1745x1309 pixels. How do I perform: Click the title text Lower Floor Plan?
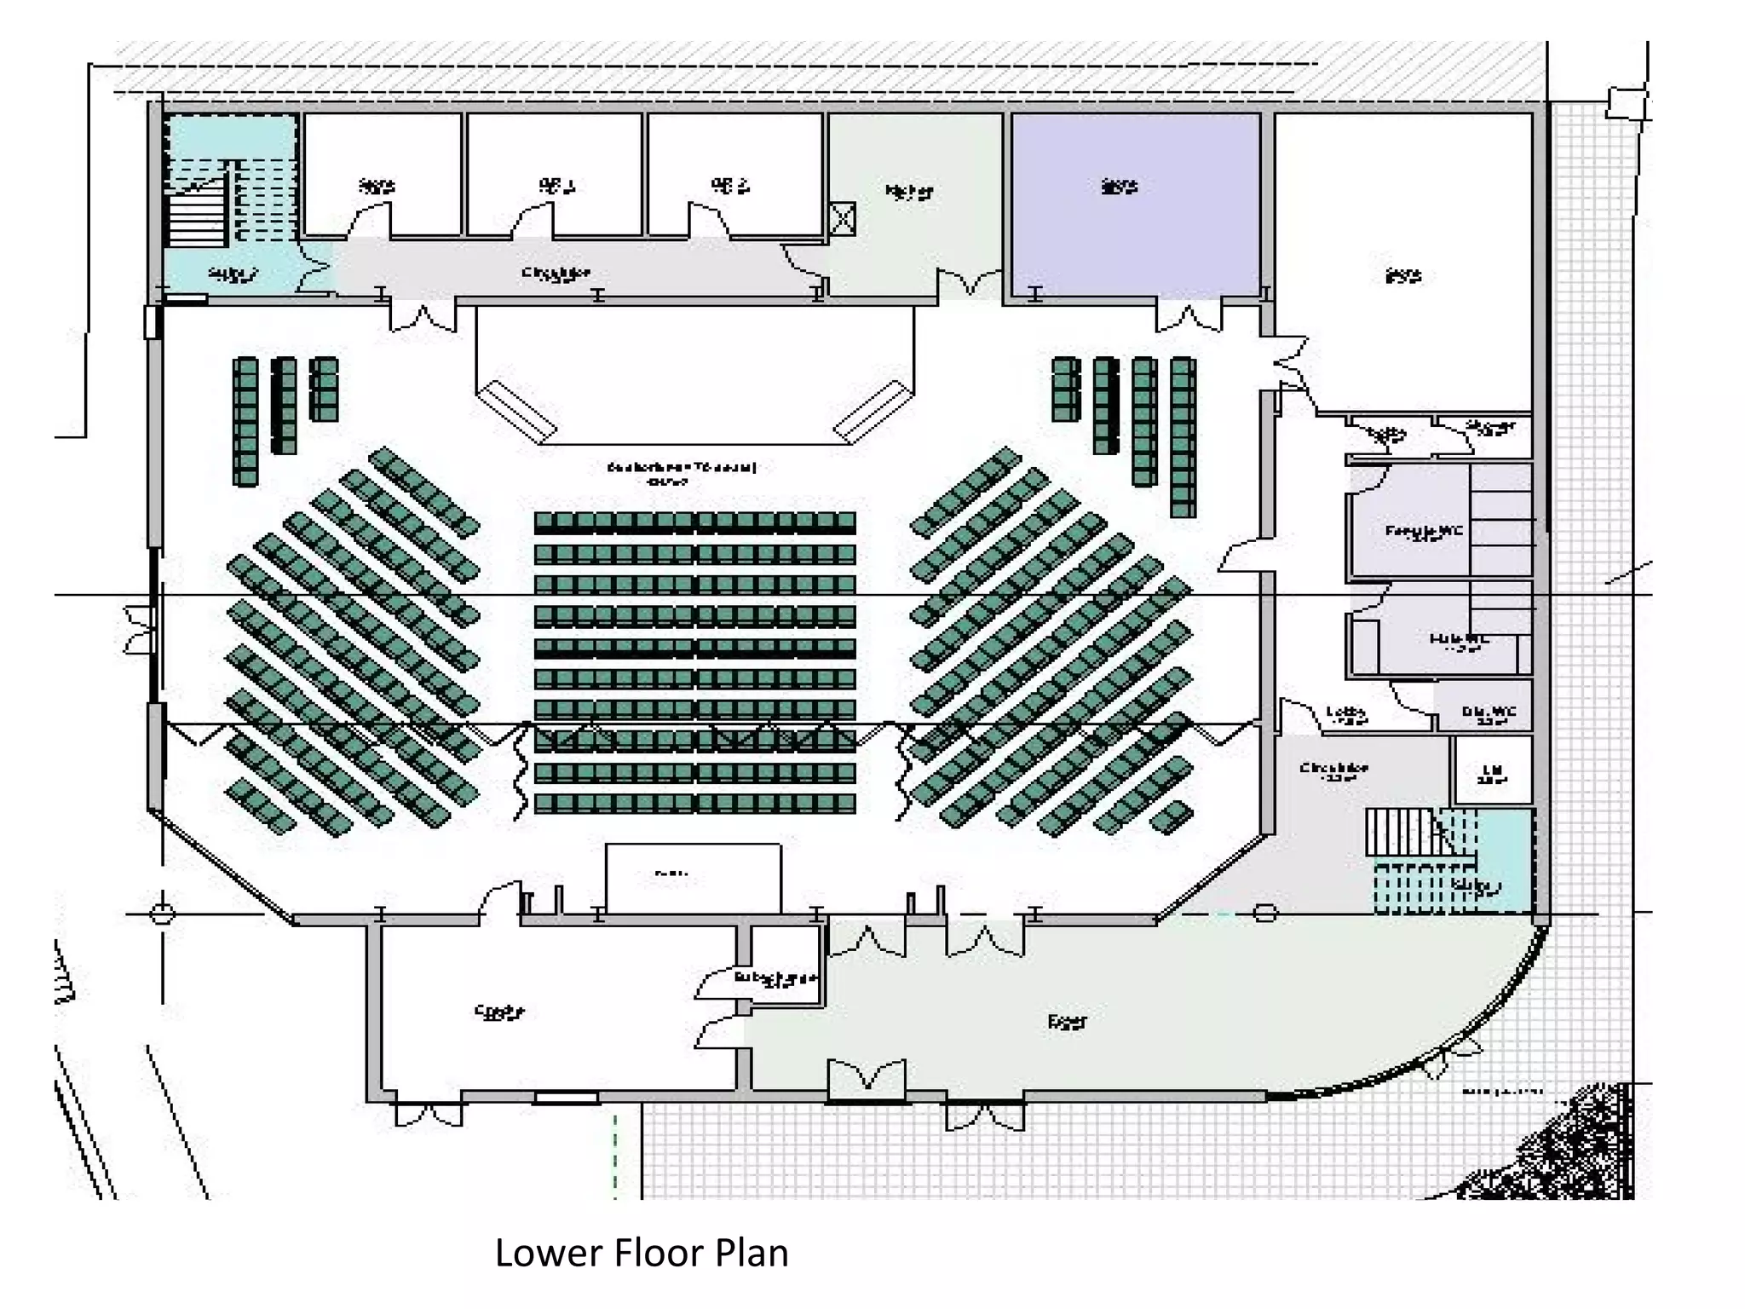point(642,1253)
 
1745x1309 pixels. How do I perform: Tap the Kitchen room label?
point(909,191)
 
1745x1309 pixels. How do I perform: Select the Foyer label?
point(1067,1021)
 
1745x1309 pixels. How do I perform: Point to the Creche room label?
point(499,1012)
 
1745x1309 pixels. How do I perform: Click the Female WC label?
point(1424,532)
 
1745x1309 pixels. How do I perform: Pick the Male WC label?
point(1459,640)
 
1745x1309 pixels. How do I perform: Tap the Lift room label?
point(1492,771)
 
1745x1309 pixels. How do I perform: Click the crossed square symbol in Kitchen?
point(842,218)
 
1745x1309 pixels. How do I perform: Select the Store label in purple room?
point(1119,185)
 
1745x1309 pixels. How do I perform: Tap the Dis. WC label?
point(1489,712)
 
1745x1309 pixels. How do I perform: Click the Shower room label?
point(1490,426)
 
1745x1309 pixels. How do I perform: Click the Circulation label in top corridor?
point(556,274)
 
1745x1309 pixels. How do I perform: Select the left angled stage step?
point(516,411)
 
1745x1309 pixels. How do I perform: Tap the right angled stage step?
point(872,411)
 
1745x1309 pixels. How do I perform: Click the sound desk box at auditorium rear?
point(693,878)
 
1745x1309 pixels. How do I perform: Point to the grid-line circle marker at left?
point(162,914)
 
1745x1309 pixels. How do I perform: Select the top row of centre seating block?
point(694,522)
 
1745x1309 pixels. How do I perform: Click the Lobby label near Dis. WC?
point(1346,713)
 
